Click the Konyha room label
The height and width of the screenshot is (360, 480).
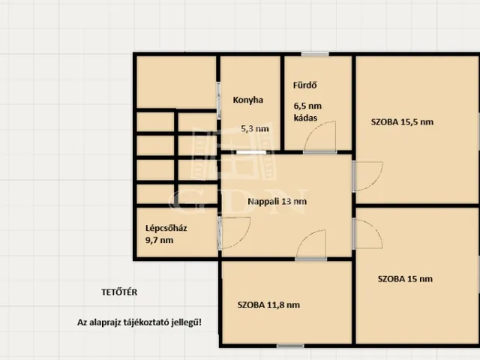[248, 100]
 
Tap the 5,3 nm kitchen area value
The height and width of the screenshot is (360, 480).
[255, 128]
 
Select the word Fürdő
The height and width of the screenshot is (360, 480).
[304, 85]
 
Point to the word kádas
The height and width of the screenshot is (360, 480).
[305, 118]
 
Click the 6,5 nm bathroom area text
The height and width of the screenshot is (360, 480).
[307, 106]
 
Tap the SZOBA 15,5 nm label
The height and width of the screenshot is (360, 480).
[402, 121]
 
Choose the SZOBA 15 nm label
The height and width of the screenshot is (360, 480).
[405, 279]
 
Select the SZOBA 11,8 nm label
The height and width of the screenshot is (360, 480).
[268, 305]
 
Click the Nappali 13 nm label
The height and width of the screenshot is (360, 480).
[277, 202]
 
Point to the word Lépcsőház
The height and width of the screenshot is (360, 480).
[166, 228]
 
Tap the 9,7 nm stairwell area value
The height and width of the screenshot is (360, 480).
[159, 240]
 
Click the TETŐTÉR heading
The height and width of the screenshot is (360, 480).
[119, 292]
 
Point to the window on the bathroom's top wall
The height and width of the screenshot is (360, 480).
[315, 54]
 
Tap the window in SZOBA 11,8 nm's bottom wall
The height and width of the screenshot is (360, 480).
[290, 346]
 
